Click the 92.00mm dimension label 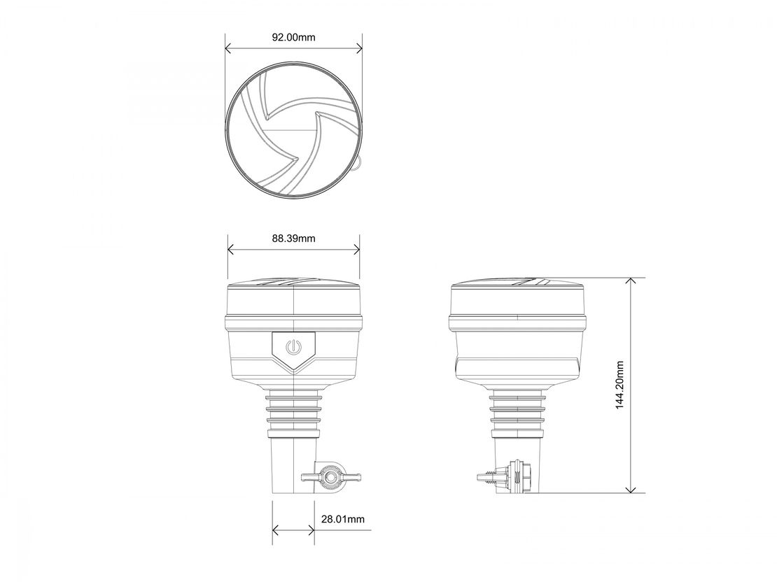point(293,37)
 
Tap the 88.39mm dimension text point(293,239)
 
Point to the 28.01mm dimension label point(343,519)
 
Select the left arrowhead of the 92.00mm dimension point(228,48)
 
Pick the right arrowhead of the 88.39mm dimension point(356,250)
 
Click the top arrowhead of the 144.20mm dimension point(630,282)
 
